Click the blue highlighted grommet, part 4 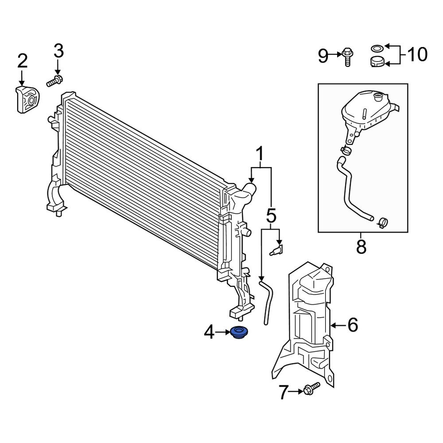pyautogui.click(x=240, y=332)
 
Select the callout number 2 pyautogui.click(x=22, y=61)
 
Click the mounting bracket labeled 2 pyautogui.click(x=26, y=101)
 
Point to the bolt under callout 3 pyautogui.click(x=54, y=81)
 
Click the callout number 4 pyautogui.click(x=209, y=331)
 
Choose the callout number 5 pyautogui.click(x=271, y=217)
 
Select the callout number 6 pyautogui.click(x=353, y=326)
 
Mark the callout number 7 pyautogui.click(x=284, y=392)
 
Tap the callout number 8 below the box pyautogui.click(x=361, y=247)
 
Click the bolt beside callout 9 pyautogui.click(x=347, y=58)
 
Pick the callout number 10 pyautogui.click(x=417, y=55)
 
